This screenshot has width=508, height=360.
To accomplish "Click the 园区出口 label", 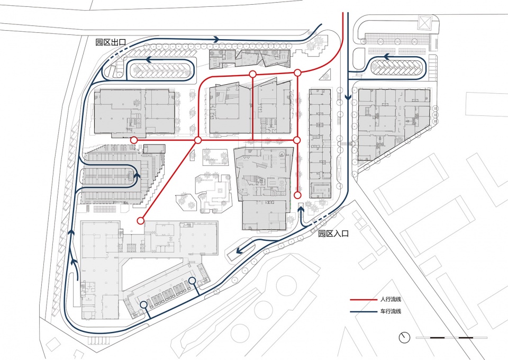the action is [x=111, y=42].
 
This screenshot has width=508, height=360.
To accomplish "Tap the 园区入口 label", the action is [x=333, y=233].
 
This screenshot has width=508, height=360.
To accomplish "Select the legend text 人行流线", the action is [x=391, y=300].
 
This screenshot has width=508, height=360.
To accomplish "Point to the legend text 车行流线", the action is [x=391, y=311].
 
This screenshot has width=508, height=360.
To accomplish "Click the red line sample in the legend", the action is [x=363, y=300].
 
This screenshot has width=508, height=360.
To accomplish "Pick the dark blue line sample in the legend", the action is [x=363, y=312].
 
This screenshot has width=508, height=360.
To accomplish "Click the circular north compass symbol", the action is [x=404, y=338].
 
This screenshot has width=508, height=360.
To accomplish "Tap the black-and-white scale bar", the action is [x=451, y=338].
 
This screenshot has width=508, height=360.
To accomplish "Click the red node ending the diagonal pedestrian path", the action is [x=140, y=221].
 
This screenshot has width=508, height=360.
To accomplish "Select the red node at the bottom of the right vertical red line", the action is [x=297, y=195].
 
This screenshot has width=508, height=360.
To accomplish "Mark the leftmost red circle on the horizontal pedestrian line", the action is [x=134, y=140].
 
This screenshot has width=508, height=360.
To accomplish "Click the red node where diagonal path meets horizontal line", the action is [x=198, y=140].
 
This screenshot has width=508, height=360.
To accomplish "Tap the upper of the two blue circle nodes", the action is [x=192, y=281].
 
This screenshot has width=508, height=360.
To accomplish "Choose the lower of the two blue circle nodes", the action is [x=144, y=304].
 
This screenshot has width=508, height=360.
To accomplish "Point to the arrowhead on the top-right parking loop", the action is [x=387, y=57].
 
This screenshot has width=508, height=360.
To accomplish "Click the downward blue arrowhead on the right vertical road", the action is [x=348, y=97].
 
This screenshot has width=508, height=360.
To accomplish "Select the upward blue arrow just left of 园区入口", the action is [x=301, y=217].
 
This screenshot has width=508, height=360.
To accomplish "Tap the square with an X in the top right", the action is [x=424, y=23].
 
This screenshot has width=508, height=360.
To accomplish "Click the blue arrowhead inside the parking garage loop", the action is [x=137, y=175].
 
